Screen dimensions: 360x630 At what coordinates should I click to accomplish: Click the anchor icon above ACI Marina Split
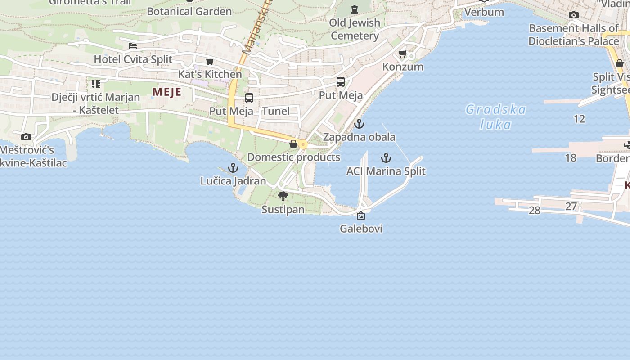pos(386,158)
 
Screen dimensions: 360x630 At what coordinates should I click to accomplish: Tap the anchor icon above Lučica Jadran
pos(233,168)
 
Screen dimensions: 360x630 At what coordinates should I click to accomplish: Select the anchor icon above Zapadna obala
pos(359,124)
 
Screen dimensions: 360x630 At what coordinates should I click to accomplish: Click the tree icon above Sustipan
pos(283,196)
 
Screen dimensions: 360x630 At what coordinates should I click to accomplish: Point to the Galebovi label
pos(361,229)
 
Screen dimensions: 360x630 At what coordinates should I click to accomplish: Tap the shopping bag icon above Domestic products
pos(293,144)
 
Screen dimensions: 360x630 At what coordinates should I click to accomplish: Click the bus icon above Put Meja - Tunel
pos(249,98)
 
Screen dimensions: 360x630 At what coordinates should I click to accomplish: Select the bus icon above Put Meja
pos(341,82)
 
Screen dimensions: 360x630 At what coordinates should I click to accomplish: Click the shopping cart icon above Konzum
pos(402,54)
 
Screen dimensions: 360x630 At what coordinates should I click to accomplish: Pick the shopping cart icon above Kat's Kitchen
pos(210,61)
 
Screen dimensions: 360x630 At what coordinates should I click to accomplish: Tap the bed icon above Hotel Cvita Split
pos(132,45)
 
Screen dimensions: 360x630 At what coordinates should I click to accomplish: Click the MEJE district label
pos(167,92)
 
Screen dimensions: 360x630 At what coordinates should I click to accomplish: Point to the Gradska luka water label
pos(495,117)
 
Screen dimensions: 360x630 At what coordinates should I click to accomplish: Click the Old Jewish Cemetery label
pos(355,29)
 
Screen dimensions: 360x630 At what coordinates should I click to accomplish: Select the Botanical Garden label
pos(189,11)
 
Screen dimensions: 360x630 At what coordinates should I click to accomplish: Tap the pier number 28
pos(534,210)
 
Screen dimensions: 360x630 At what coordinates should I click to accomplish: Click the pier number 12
pos(579,119)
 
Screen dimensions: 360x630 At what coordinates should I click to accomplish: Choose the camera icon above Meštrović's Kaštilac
pos(26,137)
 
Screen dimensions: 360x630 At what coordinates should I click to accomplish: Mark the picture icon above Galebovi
pos(360,216)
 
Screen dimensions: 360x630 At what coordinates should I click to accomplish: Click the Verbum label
pos(484,12)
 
